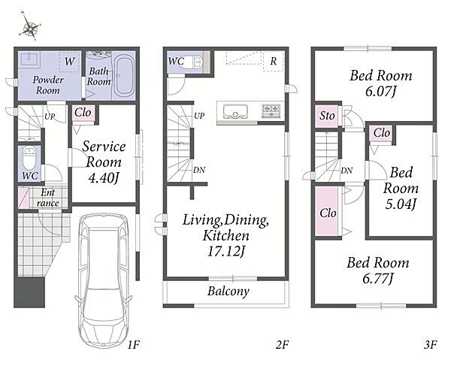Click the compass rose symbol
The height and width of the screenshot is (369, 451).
click(29, 26)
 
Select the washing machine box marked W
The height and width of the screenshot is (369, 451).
click(70, 62)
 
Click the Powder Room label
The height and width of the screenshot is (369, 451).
click(48, 85)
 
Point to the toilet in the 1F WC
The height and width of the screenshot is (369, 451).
click(29, 159)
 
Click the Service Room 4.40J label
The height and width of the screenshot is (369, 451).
click(104, 162)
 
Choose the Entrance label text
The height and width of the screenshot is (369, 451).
click(48, 198)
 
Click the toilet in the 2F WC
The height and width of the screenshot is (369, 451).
click(194, 62)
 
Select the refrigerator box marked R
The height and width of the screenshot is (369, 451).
click(274, 62)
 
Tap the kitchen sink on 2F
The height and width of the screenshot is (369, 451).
click(236, 111)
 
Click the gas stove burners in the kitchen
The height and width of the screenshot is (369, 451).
click(271, 110)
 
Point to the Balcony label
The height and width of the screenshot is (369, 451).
click(229, 291)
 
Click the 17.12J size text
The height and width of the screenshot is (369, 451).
click(225, 252)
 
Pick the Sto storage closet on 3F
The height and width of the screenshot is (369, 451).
click(328, 116)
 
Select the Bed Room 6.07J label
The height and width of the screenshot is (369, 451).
click(380, 83)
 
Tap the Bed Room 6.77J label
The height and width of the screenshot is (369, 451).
click(377, 271)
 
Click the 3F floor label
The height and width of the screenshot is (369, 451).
click(430, 344)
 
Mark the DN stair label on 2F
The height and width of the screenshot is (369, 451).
click(199, 170)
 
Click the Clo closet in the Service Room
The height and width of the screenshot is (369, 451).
click(83, 113)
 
